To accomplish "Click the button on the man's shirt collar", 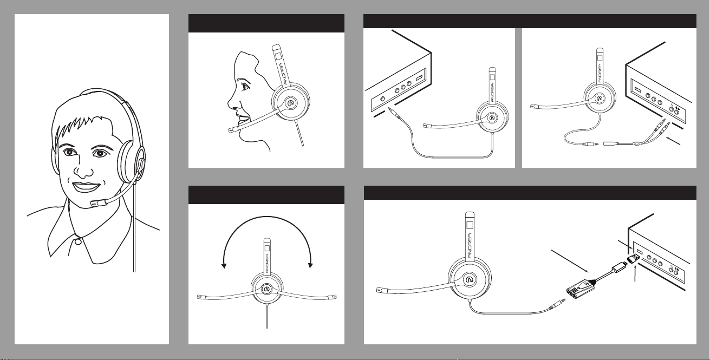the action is [x=78, y=242].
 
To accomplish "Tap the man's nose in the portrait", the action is [x=84, y=171].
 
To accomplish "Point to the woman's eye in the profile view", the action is [x=245, y=86].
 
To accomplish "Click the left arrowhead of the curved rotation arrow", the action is [x=224, y=265].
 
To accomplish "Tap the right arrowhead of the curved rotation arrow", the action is [x=310, y=265].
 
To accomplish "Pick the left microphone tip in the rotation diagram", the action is [x=201, y=297].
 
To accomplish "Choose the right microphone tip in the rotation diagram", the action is [x=332, y=297].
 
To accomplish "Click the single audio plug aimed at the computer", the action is [x=394, y=114].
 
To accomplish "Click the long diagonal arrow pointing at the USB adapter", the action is [x=570, y=261].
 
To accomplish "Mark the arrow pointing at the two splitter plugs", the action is [x=673, y=141].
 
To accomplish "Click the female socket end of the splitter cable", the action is [x=610, y=143].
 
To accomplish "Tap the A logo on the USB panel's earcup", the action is [x=471, y=279].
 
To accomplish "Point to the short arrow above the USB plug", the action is [x=625, y=244].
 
